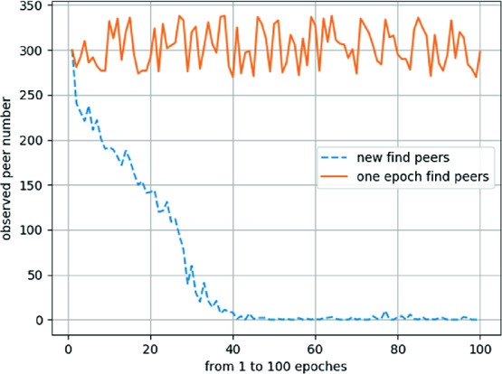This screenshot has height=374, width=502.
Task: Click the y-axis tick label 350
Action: click(x=33, y=6)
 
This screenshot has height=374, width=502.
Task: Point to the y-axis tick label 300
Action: click(x=33, y=51)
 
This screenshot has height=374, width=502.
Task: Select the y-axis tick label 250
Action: click(x=33, y=96)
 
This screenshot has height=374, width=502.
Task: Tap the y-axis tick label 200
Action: click(x=33, y=141)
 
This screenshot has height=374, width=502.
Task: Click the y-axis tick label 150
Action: click(x=33, y=185)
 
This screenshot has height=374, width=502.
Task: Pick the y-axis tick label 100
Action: click(x=33, y=230)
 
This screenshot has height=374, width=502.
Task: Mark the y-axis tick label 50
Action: click(x=36, y=276)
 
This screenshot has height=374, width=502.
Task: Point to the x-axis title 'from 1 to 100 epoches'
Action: click(x=273, y=364)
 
